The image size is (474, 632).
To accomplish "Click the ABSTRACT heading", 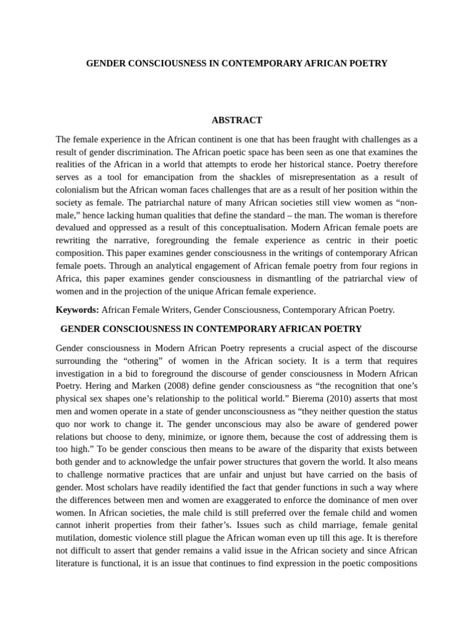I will click(x=237, y=120).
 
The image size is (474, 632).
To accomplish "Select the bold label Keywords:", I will click(x=77, y=310).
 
